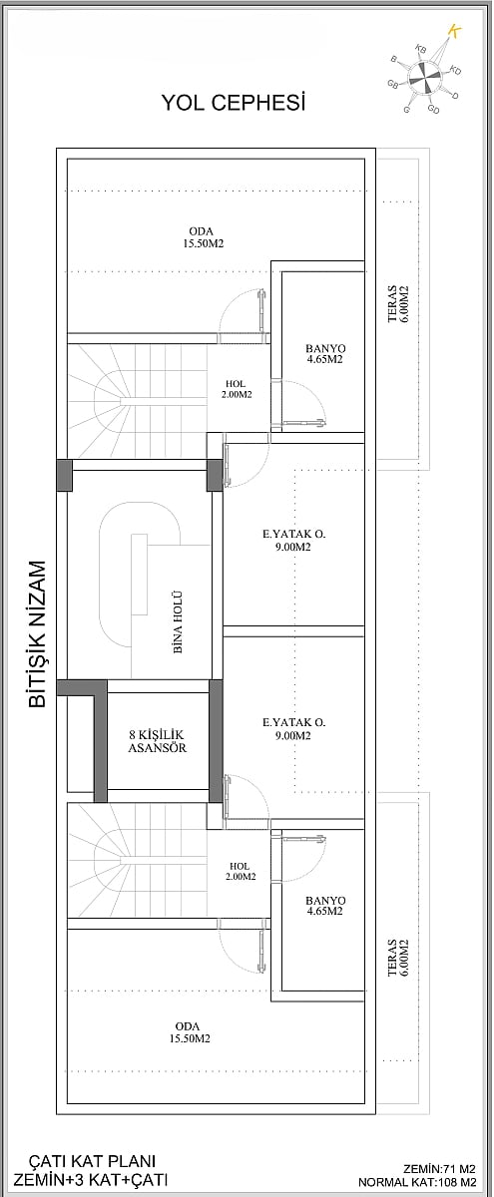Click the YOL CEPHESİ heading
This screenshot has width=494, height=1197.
click(234, 103)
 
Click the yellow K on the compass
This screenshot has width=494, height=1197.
click(454, 31)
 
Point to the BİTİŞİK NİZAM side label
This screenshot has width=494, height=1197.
click(38, 633)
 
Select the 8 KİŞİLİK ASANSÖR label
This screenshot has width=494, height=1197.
click(158, 742)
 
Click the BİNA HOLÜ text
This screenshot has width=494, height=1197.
click(178, 622)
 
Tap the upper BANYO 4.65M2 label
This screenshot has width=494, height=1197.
click(325, 354)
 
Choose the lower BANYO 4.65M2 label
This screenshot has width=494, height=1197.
click(325, 906)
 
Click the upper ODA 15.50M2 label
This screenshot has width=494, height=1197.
click(202, 237)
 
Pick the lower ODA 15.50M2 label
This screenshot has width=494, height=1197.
click(189, 1032)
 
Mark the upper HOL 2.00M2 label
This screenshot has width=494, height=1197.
click(236, 390)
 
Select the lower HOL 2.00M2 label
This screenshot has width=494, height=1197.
click(240, 871)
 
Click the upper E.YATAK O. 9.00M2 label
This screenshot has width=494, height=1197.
click(293, 540)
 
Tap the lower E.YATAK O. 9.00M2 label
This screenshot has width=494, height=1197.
click(293, 729)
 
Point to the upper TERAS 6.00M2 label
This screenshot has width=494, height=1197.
click(398, 304)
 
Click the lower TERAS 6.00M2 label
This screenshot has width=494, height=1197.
click(398, 959)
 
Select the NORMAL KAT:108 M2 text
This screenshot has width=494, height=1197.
click(417, 1183)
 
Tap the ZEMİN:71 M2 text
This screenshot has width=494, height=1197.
click(439, 1169)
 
